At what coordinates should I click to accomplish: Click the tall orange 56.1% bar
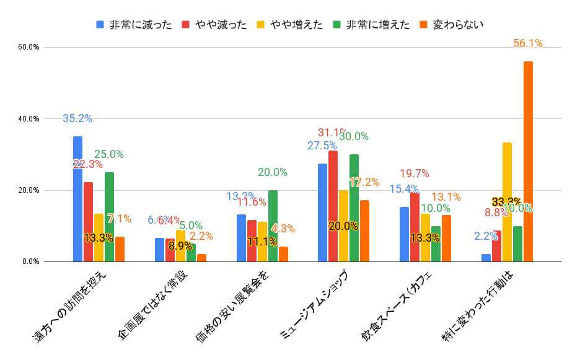[x=528, y=161]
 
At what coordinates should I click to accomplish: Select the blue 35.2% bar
[x=77, y=199]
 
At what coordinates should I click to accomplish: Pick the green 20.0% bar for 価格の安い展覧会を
[x=273, y=226]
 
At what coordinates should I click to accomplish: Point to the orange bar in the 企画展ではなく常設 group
[x=201, y=258]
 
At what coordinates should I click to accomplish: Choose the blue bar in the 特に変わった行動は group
[x=486, y=258]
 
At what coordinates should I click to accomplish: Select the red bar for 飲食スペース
[x=415, y=227]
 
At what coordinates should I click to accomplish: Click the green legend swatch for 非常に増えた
[x=335, y=25]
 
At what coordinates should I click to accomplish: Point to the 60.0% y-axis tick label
[x=29, y=47]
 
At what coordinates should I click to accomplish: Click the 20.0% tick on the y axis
[x=29, y=190]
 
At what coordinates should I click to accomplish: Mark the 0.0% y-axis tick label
[x=30, y=261]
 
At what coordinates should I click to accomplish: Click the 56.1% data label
[x=528, y=43]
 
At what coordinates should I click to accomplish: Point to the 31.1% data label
[x=332, y=133]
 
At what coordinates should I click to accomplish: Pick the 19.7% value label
[x=415, y=173]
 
